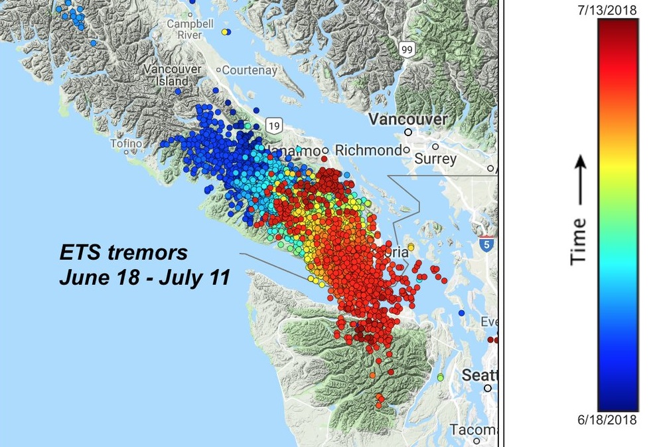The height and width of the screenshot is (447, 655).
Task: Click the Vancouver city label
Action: [407, 120]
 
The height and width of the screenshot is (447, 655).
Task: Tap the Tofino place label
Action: [126, 143]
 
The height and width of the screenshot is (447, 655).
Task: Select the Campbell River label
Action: [190, 29]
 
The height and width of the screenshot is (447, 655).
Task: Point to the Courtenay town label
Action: [250, 70]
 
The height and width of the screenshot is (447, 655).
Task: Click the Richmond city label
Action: [368, 150]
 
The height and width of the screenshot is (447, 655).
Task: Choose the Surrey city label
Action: [435, 159]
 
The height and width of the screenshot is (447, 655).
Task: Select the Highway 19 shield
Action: [273, 125]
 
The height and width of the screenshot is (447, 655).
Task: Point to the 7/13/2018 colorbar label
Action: [617, 10]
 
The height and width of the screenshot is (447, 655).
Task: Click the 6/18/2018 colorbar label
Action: [617, 420]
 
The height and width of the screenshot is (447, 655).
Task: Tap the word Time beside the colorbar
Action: [579, 240]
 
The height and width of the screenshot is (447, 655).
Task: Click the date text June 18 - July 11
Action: [144, 278]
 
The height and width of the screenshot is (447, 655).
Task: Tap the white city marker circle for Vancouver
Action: [408, 132]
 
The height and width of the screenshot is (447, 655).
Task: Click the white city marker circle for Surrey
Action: [435, 147]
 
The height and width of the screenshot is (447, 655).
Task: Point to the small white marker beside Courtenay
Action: [218, 70]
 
